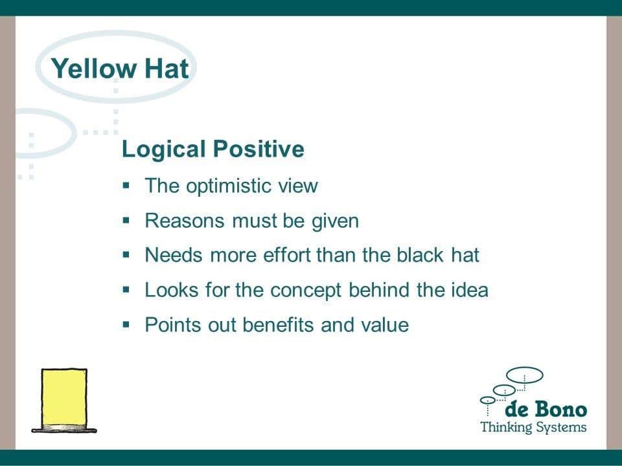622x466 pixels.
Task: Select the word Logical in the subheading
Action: [164, 150]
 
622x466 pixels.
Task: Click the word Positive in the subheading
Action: [259, 149]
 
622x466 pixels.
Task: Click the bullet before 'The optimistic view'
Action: [126, 185]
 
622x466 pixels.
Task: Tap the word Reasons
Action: [185, 221]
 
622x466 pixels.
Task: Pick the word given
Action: [335, 221]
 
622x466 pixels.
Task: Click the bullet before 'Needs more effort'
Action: [126, 255]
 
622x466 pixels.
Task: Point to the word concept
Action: [305, 291]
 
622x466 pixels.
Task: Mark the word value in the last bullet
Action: [385, 324]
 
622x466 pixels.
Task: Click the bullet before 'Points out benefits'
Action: [126, 324]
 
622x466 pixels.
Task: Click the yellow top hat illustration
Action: [64, 400]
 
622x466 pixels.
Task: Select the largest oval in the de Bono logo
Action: [525, 368]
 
